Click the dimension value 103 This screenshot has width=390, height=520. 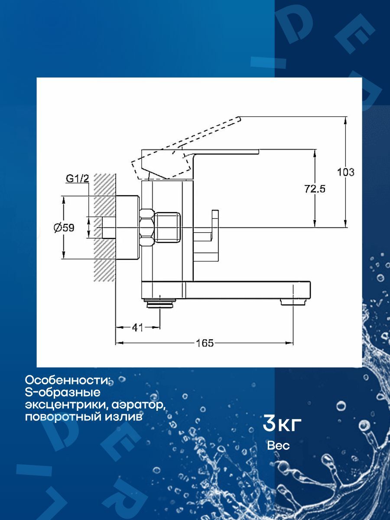coord(346,172)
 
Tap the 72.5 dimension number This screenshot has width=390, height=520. coord(315,188)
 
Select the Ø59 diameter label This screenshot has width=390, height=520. coord(64,227)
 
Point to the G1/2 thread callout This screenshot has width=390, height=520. coord(78,178)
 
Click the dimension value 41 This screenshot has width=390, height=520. coord(137,328)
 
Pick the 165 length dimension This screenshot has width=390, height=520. coord(205,343)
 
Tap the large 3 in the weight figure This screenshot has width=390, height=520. coord(269,423)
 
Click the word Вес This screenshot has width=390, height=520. coord(278,445)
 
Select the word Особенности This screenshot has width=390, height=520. coord(68,380)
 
